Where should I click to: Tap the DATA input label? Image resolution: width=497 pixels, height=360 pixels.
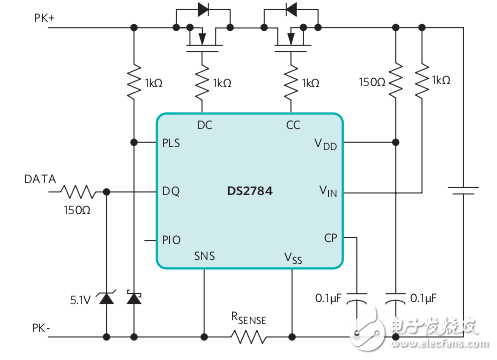[41, 179]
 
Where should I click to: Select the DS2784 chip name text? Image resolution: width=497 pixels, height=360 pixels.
[249, 188]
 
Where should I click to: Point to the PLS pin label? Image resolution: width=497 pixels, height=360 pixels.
[173, 143]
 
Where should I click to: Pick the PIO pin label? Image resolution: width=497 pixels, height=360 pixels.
[172, 239]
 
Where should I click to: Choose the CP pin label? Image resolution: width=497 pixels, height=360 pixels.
[329, 237]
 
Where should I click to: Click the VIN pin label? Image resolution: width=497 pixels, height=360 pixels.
[327, 189]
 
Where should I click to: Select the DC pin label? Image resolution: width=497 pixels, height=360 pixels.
[204, 125]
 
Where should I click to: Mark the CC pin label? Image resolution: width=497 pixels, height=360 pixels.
[291, 125]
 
